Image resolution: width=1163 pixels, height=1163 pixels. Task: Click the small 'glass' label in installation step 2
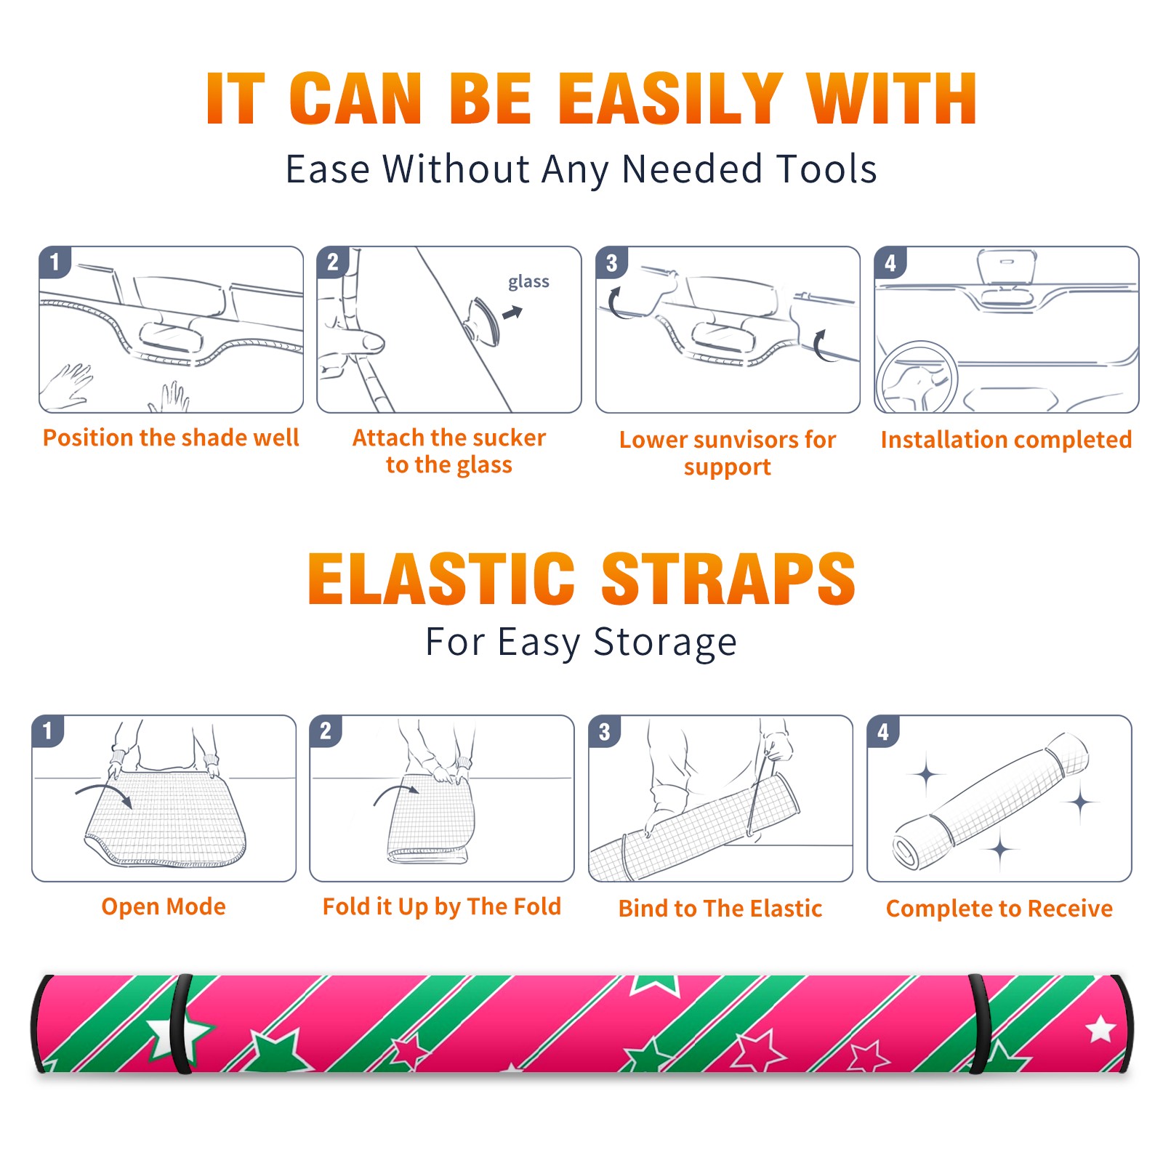click(528, 281)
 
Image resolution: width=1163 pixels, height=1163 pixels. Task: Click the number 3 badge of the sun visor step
click(611, 262)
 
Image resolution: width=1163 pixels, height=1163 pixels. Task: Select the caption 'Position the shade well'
click(171, 438)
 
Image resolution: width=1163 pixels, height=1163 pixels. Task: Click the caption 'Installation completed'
click(1006, 439)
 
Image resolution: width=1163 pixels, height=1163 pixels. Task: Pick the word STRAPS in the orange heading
click(728, 579)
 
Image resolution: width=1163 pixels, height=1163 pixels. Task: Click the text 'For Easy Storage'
click(581, 642)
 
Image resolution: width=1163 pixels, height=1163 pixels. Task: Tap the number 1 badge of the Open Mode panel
click(48, 731)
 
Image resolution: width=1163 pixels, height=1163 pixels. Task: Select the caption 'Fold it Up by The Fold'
click(442, 906)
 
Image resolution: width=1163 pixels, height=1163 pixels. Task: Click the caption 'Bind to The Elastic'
click(720, 908)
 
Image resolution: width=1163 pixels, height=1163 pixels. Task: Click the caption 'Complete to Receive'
click(999, 909)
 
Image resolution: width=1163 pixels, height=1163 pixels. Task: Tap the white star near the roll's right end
click(1100, 1029)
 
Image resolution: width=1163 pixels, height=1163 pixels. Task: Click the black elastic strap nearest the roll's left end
click(181, 1023)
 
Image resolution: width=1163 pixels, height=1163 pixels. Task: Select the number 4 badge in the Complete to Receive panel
click(883, 731)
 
